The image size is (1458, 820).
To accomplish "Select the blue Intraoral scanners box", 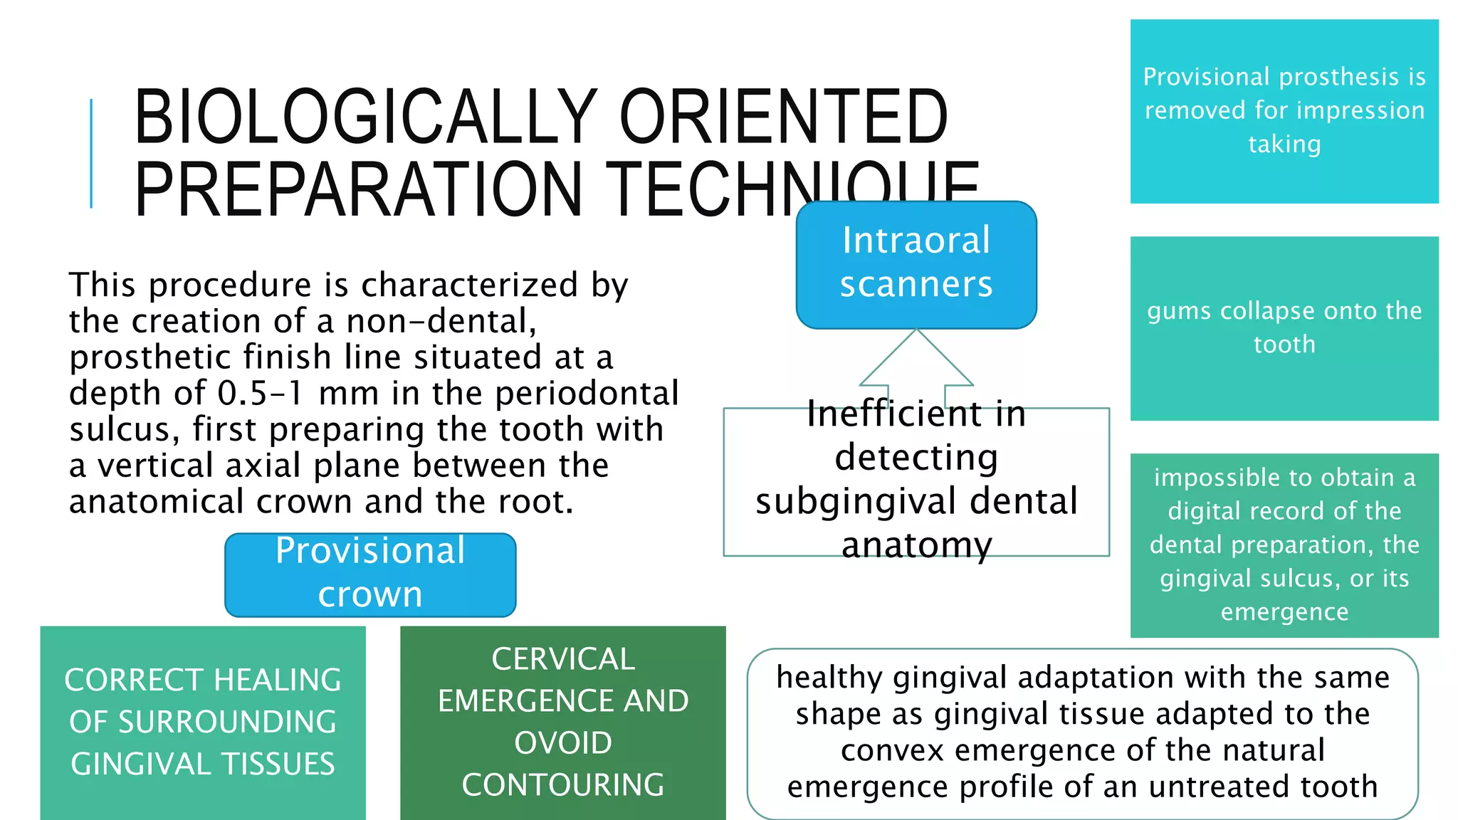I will point(916,264).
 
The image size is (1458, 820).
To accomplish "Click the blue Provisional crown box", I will point(370,574).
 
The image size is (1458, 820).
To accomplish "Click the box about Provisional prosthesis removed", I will point(1284,111).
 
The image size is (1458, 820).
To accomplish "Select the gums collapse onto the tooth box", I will point(1284,328).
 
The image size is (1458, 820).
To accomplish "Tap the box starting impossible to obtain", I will point(1284,545).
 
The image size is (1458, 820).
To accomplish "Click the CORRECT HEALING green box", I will point(203,722).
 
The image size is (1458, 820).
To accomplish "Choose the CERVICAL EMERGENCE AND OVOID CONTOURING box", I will point(562,722).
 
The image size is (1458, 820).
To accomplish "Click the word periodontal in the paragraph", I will point(587,394).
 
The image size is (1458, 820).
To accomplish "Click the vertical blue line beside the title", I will point(91,153).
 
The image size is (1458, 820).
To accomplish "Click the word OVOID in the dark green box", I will point(562,743).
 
